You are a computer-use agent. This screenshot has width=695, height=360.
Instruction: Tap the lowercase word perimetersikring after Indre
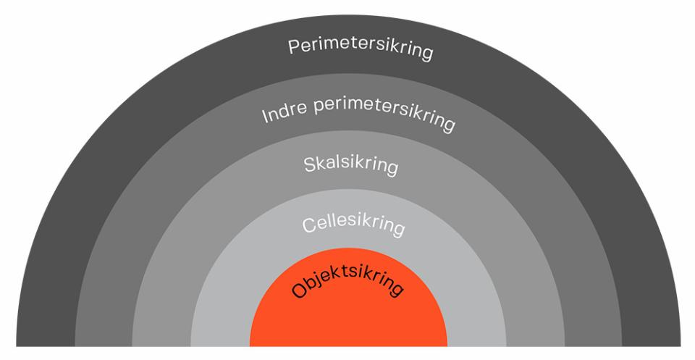(x=383, y=114)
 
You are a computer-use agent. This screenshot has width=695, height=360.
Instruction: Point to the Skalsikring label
(x=350, y=164)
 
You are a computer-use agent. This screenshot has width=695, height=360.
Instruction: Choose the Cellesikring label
(x=353, y=225)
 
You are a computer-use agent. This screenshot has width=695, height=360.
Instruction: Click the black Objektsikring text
(x=347, y=283)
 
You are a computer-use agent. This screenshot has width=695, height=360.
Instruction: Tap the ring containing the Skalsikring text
(x=159, y=304)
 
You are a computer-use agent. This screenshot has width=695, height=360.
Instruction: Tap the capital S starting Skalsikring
(x=307, y=164)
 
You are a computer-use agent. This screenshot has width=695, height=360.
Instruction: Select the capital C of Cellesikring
(x=307, y=226)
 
